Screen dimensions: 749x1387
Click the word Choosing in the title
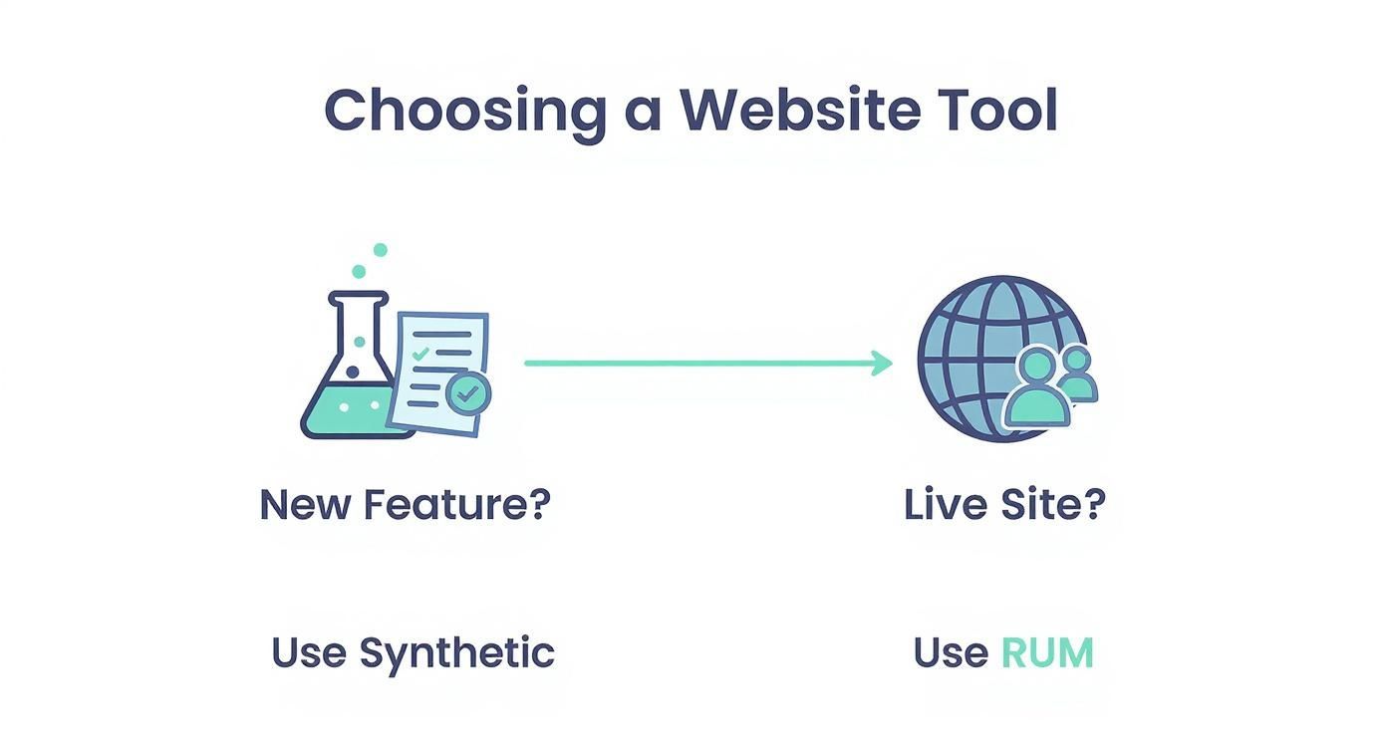(x=464, y=112)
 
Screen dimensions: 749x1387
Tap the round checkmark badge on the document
(x=467, y=394)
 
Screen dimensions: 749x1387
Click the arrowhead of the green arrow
(x=881, y=364)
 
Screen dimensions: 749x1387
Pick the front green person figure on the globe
(x=1035, y=389)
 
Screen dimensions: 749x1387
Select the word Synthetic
(x=456, y=653)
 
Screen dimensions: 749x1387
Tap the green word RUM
(x=1047, y=653)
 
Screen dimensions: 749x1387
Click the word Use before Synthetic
(x=309, y=653)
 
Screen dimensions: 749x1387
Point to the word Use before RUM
(x=951, y=653)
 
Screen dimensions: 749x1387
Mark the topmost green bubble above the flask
(x=380, y=250)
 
